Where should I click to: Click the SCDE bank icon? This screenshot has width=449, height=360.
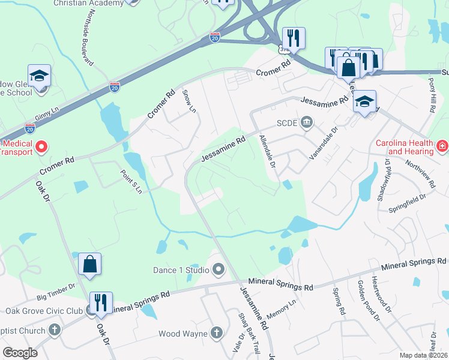(307, 123)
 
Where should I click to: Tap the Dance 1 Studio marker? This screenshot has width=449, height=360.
(218, 269)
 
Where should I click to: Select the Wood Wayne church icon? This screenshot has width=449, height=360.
(216, 333)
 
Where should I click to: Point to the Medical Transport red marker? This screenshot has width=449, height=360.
(41, 146)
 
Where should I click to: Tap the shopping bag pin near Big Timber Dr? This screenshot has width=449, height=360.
(89, 265)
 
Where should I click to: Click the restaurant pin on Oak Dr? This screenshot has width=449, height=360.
(100, 303)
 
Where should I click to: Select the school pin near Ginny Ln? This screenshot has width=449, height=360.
(40, 77)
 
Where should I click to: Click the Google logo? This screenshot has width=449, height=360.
(20, 352)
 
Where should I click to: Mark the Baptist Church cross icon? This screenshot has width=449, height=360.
(55, 330)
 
